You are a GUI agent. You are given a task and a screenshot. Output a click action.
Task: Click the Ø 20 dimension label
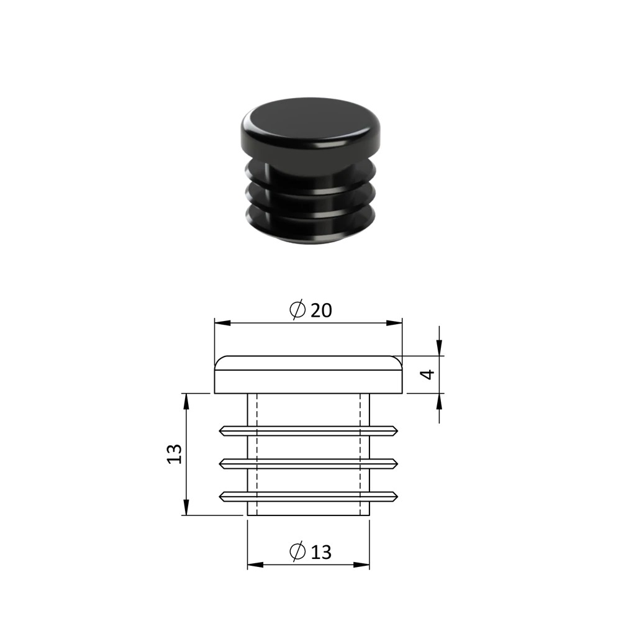tap(310, 310)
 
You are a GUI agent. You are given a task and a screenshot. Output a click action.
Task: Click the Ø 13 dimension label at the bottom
tap(310, 551)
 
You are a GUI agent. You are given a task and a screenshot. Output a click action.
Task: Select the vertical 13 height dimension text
tap(175, 454)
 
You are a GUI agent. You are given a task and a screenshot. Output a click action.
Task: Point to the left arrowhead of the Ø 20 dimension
tap(222, 323)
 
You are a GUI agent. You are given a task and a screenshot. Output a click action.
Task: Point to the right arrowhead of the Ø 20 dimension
tap(394, 323)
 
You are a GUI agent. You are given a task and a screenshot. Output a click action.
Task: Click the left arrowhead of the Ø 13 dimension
tap(255, 564)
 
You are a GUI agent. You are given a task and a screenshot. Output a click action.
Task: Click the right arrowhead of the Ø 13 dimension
tap(361, 564)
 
